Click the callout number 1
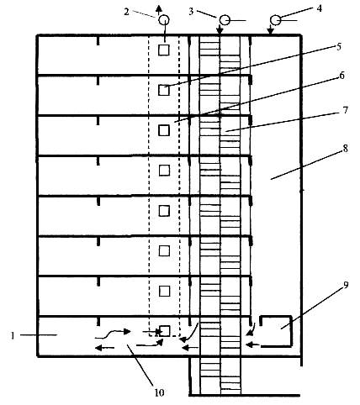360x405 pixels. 13,335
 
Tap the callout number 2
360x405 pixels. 127,12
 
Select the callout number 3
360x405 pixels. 191,12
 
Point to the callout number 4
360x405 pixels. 319,8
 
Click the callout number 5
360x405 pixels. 339,46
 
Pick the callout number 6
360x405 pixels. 341,76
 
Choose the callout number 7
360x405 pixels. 346,110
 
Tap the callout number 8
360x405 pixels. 346,148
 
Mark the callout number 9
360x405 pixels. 346,286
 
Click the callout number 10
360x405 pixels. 159,392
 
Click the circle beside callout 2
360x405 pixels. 164,20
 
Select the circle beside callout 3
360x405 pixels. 225,20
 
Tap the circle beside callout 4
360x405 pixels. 276,20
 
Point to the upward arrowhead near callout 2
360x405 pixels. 159,9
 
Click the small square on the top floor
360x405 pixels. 164,50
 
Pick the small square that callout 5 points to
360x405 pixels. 164,90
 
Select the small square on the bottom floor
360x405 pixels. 165,331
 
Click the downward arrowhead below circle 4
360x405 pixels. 270,32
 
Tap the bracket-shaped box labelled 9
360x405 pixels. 291,331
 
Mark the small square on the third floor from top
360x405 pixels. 164,130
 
